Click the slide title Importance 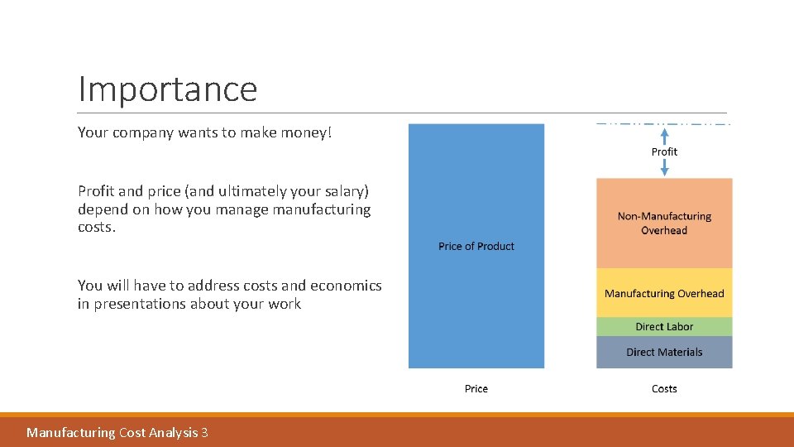(x=167, y=89)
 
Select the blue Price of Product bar (x=476, y=182)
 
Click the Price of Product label (x=476, y=246)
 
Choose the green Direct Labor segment (x=664, y=327)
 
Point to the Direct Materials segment (x=664, y=352)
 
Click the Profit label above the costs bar (x=664, y=151)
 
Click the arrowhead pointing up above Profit (x=664, y=130)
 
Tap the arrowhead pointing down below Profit (x=664, y=171)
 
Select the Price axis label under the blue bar (x=476, y=388)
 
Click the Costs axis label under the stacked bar (x=664, y=388)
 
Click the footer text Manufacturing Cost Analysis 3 (x=117, y=432)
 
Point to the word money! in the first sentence (x=307, y=132)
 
